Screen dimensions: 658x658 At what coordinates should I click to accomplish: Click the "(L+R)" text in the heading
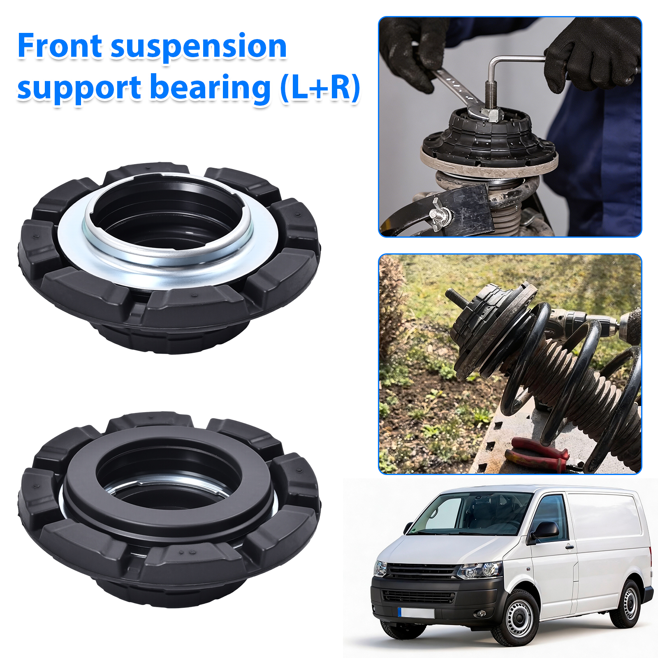pyautogui.click(x=320, y=88)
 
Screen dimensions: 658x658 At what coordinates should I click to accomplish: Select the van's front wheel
pyautogui.click(x=517, y=616)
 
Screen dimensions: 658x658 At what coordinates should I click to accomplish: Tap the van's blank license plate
pyautogui.click(x=416, y=613)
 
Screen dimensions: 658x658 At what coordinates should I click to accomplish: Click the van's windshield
pyautogui.click(x=473, y=514)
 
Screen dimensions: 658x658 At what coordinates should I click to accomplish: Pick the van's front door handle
pyautogui.click(x=570, y=547)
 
